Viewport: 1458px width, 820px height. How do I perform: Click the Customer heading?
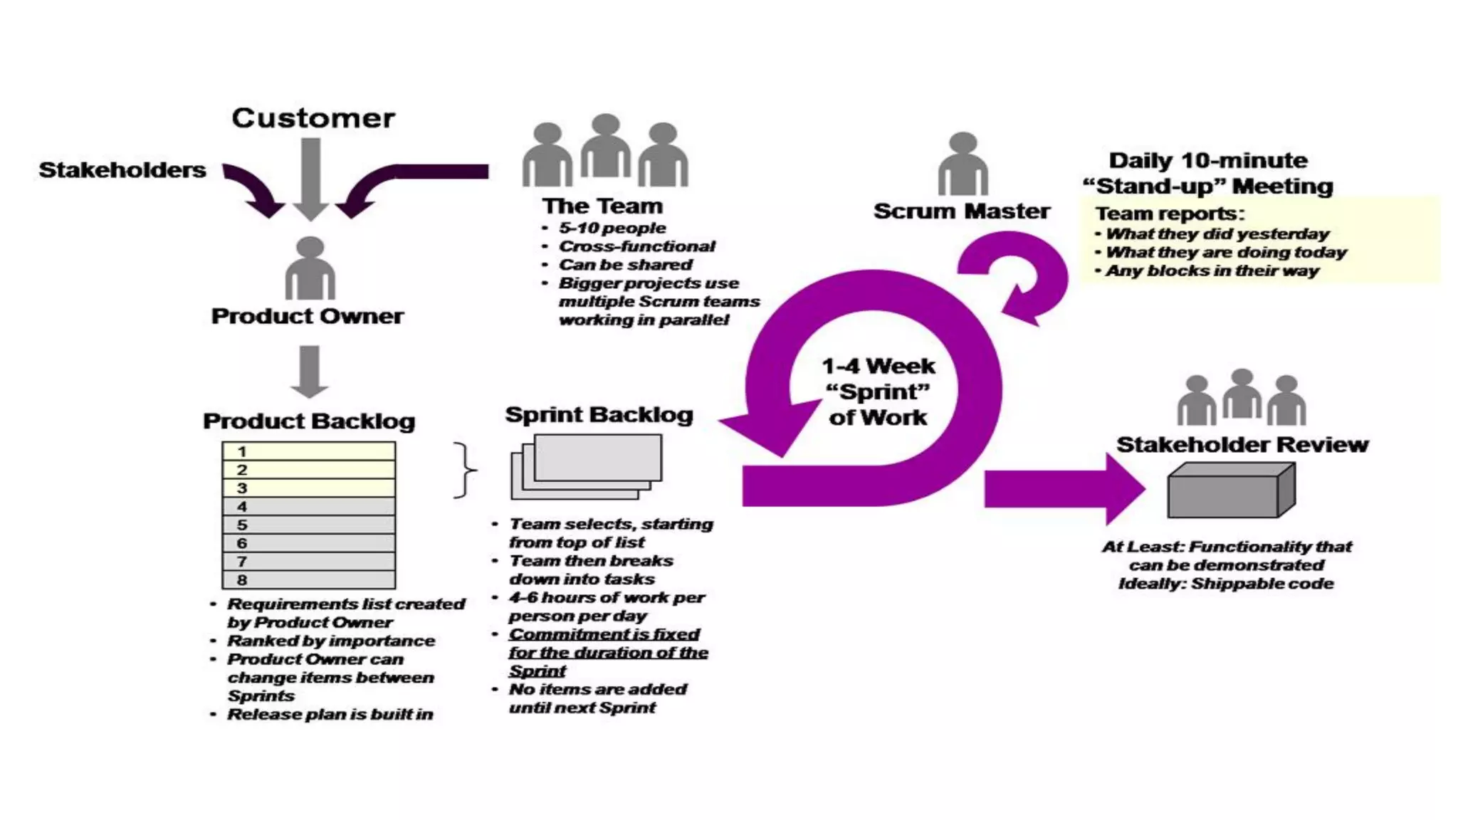tap(313, 118)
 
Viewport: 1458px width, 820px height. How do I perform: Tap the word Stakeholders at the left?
tap(122, 170)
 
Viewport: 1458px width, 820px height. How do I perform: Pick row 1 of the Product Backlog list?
tap(308, 451)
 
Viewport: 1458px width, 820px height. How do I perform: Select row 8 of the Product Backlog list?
tap(308, 579)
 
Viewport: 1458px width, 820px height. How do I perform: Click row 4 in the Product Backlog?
tap(308, 506)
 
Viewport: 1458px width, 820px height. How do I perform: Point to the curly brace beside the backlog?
tap(464, 470)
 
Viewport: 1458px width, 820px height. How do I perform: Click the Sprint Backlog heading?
tap(599, 415)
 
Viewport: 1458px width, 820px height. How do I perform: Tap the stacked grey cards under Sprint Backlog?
tap(587, 467)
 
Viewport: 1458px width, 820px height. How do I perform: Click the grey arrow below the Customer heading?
tap(310, 178)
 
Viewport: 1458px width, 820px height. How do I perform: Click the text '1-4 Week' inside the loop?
tap(878, 367)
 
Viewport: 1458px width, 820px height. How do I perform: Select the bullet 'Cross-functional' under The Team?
tap(636, 246)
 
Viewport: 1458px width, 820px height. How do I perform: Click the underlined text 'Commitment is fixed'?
tap(604, 634)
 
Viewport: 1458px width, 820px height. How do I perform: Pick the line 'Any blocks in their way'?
tap(1212, 271)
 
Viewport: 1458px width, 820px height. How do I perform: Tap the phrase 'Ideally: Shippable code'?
tap(1226, 584)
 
